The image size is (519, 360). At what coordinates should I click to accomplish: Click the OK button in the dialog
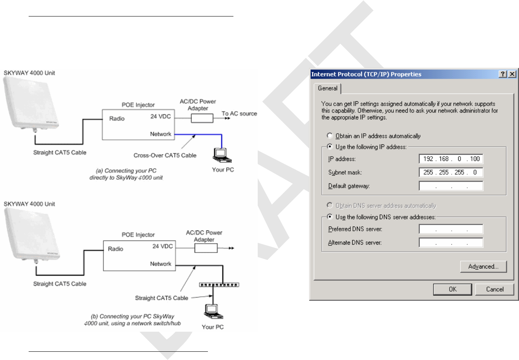pos(452,289)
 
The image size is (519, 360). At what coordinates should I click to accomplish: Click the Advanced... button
pos(483,267)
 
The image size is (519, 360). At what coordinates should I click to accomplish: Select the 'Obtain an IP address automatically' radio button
pos(330,136)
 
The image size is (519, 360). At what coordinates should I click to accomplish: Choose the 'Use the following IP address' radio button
pos(330,147)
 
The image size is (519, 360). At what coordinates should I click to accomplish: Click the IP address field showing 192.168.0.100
pos(451,159)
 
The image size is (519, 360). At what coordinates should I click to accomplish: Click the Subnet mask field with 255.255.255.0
pos(451,172)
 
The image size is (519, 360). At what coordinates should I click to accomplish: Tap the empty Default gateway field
pos(451,186)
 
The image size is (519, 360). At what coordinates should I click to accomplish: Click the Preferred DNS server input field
pos(451,229)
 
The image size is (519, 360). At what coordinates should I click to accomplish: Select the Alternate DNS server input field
pos(451,243)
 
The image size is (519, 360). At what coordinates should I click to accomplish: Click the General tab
pos(328,88)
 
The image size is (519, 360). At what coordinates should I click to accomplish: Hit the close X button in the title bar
pos(512,74)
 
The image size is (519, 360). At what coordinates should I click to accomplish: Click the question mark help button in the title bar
pos(503,74)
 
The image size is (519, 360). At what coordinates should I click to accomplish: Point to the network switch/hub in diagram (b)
pos(219,285)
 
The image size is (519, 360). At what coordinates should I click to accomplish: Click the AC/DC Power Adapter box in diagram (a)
pos(202,118)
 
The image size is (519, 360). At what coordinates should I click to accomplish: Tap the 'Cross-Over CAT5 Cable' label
pos(165,155)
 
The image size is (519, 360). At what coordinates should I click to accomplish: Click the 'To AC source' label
pos(239,113)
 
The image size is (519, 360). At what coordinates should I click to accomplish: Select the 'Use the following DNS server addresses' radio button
pos(330,217)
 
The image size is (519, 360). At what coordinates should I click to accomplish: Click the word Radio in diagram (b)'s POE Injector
pos(116,249)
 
